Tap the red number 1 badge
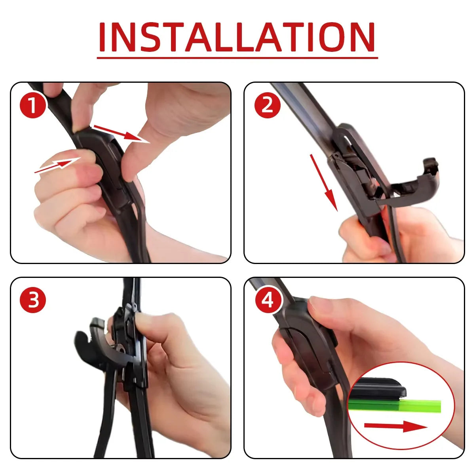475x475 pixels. click(x=33, y=105)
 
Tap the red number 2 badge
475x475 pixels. click(x=267, y=105)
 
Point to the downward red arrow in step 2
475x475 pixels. click(x=324, y=182)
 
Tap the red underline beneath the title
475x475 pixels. click(x=237, y=58)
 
